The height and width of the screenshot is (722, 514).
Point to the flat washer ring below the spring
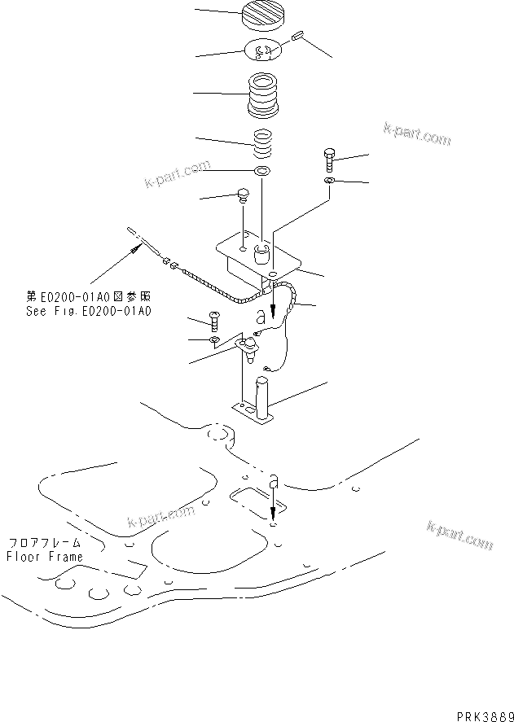pos(261,172)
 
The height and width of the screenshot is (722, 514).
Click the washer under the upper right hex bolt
pos(327,181)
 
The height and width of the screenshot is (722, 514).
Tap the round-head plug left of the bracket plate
pos(242,195)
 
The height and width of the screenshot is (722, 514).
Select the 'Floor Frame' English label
pos(45,557)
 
